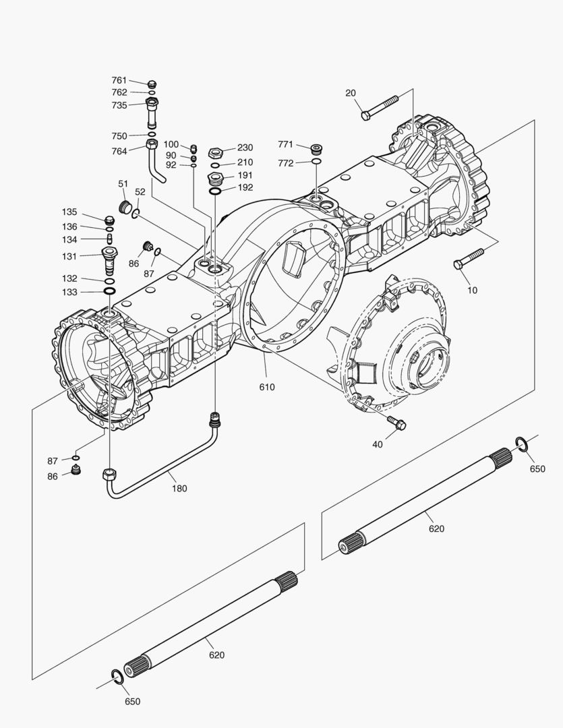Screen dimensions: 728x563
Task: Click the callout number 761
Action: pyautogui.click(x=119, y=80)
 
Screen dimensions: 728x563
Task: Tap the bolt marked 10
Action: pyautogui.click(x=469, y=257)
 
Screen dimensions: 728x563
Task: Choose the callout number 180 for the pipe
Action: pyautogui.click(x=179, y=488)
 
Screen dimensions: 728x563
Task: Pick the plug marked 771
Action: pyautogui.click(x=315, y=148)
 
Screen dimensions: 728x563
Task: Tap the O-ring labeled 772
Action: pyautogui.click(x=316, y=162)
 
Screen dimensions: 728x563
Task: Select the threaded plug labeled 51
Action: pyautogui.click(x=123, y=204)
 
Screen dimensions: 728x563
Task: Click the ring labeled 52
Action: pyautogui.click(x=136, y=214)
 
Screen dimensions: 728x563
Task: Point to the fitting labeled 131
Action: pyautogui.click(x=109, y=257)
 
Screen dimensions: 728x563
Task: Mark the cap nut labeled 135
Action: pyautogui.click(x=109, y=219)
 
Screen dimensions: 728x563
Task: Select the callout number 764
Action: pyautogui.click(x=119, y=151)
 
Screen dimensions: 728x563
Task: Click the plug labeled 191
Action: pyautogui.click(x=214, y=179)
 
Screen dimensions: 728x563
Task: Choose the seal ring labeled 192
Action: pyautogui.click(x=214, y=192)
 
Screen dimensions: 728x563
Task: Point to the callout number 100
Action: pyautogui.click(x=171, y=144)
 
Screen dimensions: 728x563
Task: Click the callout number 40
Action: pyautogui.click(x=377, y=444)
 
